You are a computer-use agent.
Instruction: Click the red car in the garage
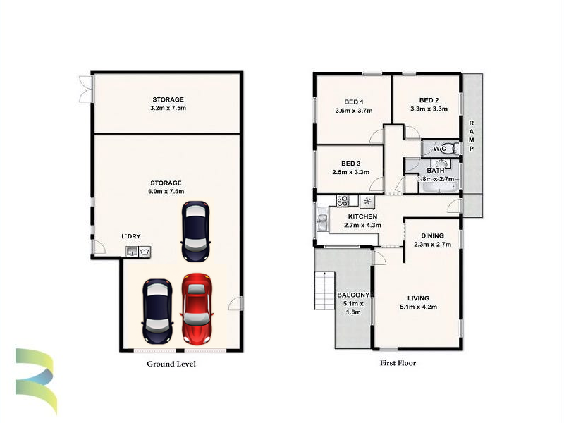(197, 309)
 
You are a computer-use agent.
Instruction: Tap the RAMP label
(471, 136)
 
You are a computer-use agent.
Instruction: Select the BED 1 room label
(354, 102)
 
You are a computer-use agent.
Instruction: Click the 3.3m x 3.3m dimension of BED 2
(429, 109)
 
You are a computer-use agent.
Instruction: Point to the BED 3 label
(350, 164)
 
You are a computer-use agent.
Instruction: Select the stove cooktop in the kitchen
(343, 200)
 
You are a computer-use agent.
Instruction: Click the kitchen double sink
(323, 219)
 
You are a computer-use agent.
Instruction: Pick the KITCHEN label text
(362, 216)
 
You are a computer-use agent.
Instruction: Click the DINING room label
(432, 235)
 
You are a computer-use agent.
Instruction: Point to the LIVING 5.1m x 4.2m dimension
(418, 307)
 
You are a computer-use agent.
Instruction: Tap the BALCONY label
(353, 295)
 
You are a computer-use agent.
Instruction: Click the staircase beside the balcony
(325, 290)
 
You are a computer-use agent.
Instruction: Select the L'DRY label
(131, 236)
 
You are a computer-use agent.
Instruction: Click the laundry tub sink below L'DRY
(132, 252)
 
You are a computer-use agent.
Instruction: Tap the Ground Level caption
(171, 364)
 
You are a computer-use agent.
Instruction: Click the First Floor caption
(398, 363)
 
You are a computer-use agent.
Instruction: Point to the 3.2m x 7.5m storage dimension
(168, 108)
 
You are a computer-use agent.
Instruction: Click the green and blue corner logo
(36, 381)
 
